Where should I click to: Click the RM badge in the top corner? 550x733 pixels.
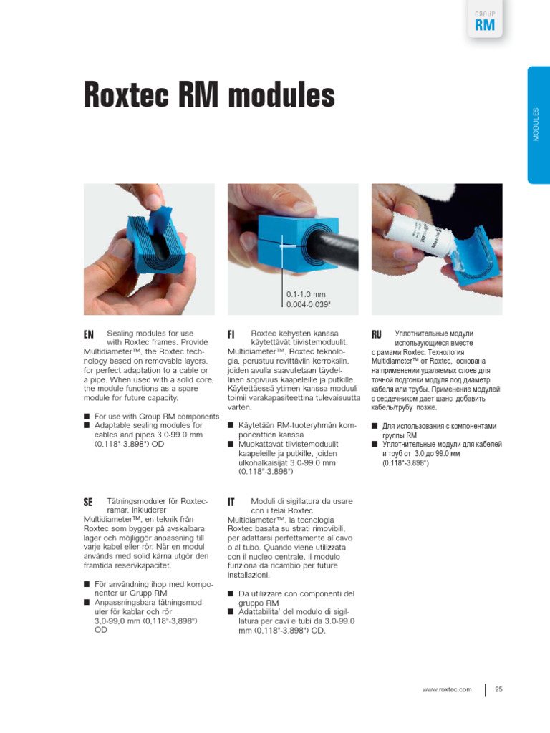pos(485,26)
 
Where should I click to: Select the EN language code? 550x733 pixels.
pos(89,334)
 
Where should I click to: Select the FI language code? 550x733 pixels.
pos(232,334)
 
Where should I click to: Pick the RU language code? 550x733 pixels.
pos(377,334)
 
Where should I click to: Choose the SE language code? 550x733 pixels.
pos(89,503)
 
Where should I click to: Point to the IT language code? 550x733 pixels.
pos(231,503)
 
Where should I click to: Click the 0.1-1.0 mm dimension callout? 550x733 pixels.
pos(307,294)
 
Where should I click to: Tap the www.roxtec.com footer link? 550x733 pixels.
pos(447,689)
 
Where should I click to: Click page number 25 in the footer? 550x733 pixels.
pos(498,689)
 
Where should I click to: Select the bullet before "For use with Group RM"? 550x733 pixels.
pos(87,417)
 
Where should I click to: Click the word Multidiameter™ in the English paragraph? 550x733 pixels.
pos(110,352)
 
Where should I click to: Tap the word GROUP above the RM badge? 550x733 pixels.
pos(485,14)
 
